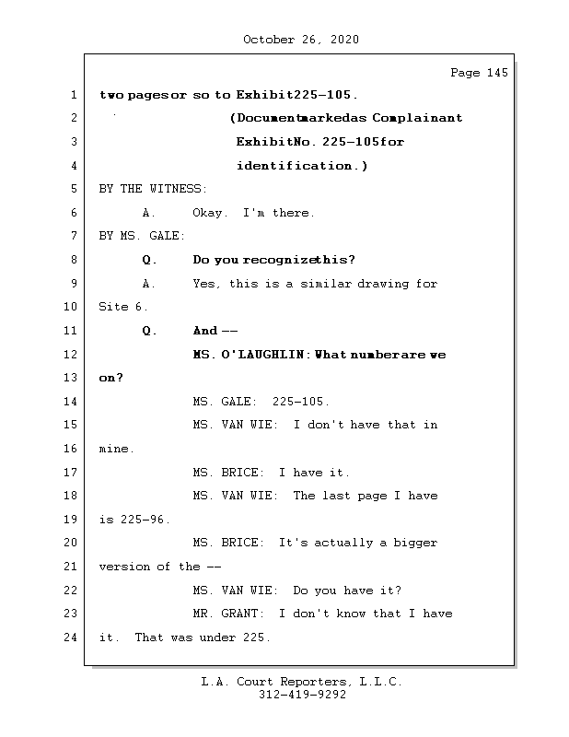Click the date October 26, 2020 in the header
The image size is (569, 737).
click(300, 40)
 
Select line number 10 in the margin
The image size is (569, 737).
click(73, 307)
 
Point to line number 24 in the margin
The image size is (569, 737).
click(73, 637)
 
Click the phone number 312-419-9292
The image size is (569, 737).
click(302, 696)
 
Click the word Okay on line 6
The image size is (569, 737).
click(211, 213)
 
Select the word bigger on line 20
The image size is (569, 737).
click(416, 543)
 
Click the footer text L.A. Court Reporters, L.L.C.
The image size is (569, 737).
click(302, 682)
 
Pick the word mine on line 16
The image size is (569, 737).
click(115, 449)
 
